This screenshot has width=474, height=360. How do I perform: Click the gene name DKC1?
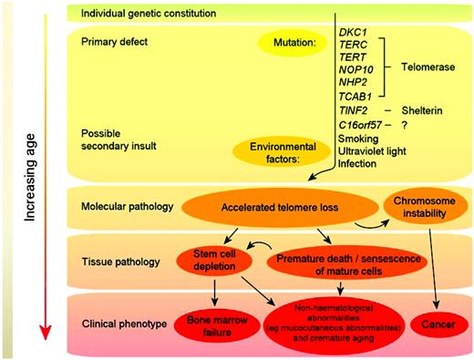pyautogui.click(x=355, y=32)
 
